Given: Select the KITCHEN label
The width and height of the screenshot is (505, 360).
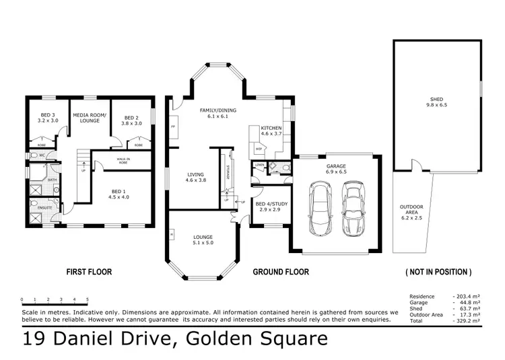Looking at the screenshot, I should (271, 128).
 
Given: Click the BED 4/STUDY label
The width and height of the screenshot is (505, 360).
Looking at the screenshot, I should (270, 204).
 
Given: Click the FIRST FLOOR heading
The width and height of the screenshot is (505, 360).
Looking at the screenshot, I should (88, 273).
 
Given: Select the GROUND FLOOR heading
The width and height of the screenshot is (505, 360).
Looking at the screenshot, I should (280, 273).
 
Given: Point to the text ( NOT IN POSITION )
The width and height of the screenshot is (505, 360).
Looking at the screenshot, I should (438, 273).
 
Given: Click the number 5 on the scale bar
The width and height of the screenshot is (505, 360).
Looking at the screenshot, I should (87, 299).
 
